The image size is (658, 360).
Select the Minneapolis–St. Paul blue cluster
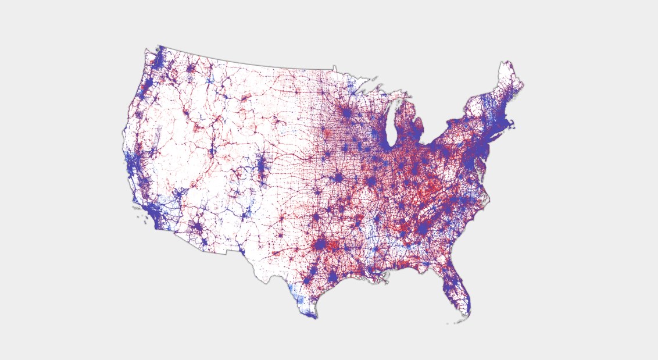[346, 113]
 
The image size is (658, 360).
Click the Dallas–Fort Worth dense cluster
[320, 244]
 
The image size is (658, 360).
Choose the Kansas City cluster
[338, 177]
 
